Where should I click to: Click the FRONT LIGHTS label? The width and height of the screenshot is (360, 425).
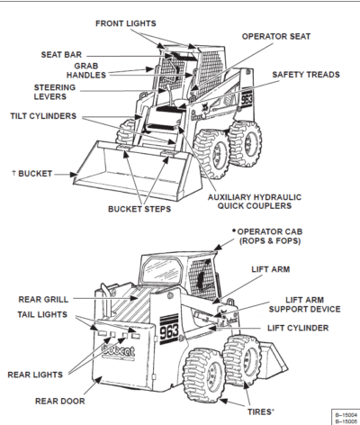coord(126,23)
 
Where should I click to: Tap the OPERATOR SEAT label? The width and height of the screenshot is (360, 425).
coord(276,36)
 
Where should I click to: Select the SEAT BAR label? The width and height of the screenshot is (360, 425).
coord(61,55)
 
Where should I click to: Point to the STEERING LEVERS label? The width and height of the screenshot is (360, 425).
coord(54,92)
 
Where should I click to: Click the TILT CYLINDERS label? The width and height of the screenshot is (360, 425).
coord(43,116)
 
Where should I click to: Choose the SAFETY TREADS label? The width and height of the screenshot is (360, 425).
coord(306,75)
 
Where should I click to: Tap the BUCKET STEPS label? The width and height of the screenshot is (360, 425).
coord(139,209)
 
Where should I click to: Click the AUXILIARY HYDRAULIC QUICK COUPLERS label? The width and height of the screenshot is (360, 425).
coord(255,202)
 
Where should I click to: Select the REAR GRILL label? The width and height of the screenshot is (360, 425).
coord(43,299)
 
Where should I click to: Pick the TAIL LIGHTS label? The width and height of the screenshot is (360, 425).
coord(42,314)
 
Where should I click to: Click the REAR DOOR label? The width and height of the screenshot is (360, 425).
coord(60,401)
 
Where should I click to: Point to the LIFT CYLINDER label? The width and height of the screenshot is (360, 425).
coord(298,328)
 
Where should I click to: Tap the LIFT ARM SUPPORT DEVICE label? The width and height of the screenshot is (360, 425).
coord(304,304)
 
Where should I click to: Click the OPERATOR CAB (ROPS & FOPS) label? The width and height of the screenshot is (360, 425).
coord(268,236)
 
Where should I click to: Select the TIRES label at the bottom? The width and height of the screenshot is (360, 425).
coord(261,411)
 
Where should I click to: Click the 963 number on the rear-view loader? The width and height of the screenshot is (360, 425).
coord(169,331)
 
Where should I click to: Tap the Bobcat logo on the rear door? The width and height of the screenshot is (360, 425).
coord(119,351)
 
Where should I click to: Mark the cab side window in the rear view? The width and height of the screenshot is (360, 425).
coord(163,270)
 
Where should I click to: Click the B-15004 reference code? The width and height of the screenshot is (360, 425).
coord(346,415)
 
